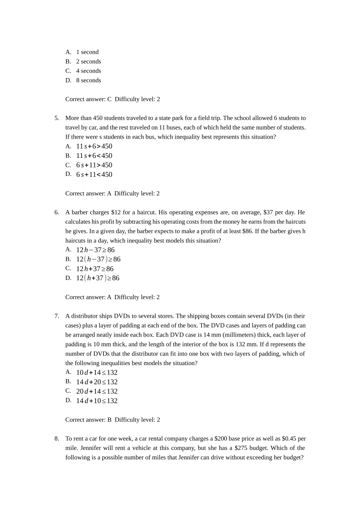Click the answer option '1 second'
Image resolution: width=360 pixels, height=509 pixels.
tap(87, 52)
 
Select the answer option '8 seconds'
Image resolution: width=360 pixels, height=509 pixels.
tap(88, 80)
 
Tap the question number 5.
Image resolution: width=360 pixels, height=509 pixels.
tap(56, 118)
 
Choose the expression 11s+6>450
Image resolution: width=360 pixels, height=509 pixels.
tap(94, 146)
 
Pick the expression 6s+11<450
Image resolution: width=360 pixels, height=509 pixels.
tap(94, 175)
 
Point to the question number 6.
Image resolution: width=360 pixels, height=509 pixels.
tap(56, 212)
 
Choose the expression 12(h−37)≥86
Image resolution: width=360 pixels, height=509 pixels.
tap(98, 259)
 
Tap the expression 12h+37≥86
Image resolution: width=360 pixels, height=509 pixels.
tap(95, 269)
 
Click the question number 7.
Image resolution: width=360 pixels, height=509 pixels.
tap(56, 316)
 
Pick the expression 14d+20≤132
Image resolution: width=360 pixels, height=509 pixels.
tap(97, 382)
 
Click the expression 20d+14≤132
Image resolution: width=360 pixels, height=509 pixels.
tap(97, 392)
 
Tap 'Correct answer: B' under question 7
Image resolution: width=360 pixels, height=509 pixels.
tap(88, 420)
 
